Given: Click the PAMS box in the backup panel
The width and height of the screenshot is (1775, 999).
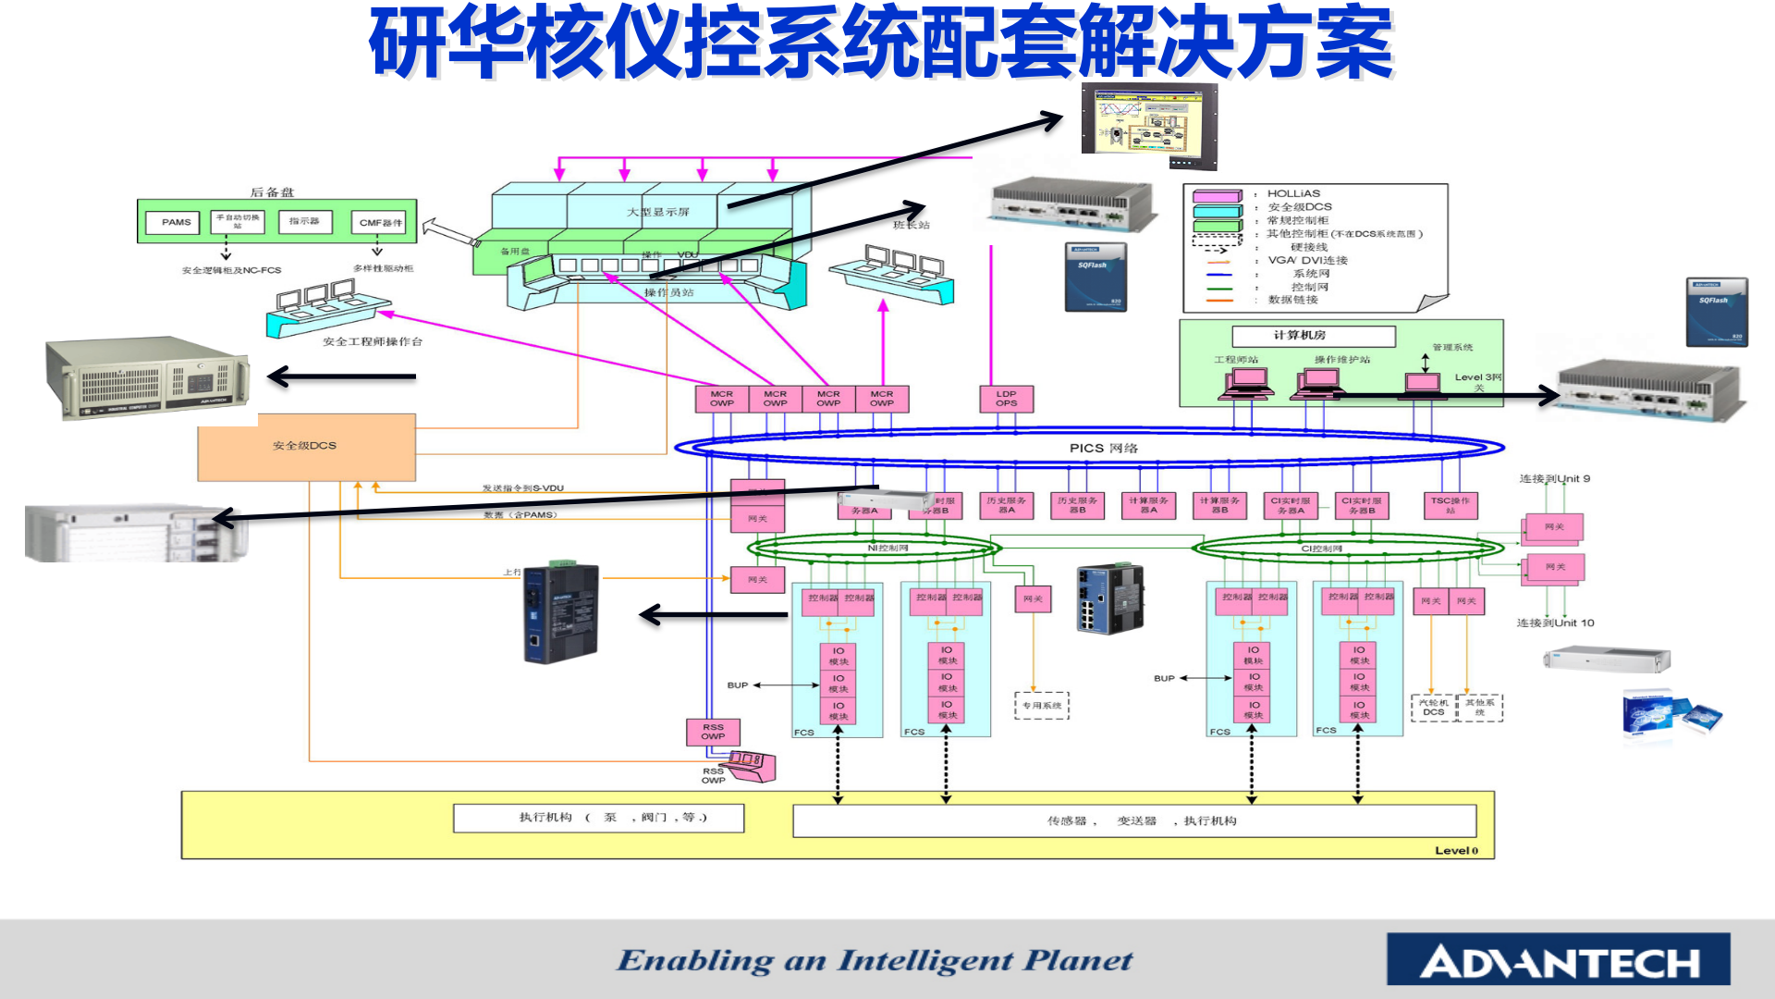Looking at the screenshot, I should [176, 222].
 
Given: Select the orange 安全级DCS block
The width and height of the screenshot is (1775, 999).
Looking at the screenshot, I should [306, 447].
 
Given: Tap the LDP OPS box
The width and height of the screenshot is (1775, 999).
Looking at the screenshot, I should [1006, 399].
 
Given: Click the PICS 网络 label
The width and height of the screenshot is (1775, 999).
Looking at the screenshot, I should [1103, 448].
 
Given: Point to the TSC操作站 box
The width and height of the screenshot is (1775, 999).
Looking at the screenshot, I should [1450, 505].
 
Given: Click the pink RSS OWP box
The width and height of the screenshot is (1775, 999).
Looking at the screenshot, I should [713, 732].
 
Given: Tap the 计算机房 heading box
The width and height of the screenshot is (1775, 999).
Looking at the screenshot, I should [1313, 336].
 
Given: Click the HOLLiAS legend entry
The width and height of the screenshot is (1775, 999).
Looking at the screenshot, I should [1293, 194].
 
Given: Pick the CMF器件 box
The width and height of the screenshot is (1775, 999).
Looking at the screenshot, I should [381, 223].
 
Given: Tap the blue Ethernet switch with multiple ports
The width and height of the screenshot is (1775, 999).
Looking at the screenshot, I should [1110, 598].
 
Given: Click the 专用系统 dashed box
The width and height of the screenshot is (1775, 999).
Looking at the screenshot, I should [1042, 706].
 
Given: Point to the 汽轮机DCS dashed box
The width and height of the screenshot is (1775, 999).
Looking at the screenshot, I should [1434, 708].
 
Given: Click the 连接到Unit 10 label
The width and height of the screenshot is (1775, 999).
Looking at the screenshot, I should [1555, 623].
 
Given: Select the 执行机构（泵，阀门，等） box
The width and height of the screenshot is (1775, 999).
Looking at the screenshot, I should [598, 818].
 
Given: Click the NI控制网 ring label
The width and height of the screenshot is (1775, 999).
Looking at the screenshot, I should [887, 549].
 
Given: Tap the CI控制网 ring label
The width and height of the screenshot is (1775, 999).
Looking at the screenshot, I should [1321, 549].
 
